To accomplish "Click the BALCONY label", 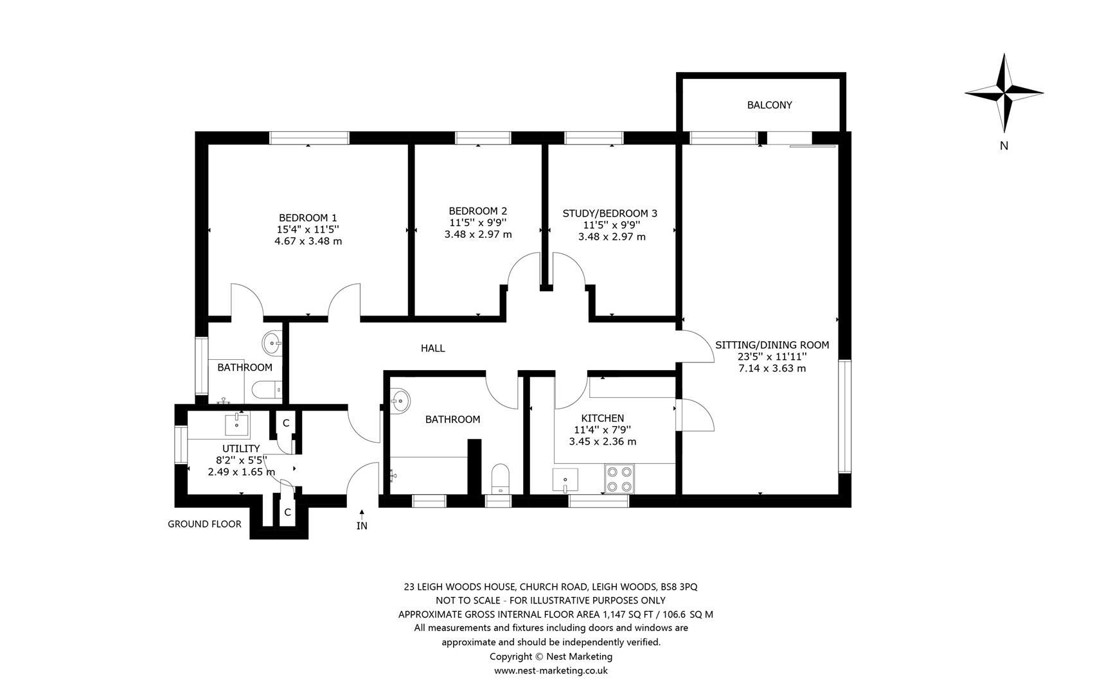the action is coord(769,105).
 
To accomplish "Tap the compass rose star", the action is coord(1004,94).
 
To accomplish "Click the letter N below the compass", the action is coord(1004,146).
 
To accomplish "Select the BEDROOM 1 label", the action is coord(308,217).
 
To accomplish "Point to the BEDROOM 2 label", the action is coord(478,211).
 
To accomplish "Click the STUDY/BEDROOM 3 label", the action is coord(610,213).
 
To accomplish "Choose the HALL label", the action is coord(432,348).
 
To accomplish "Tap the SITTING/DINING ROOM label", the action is coord(772,345).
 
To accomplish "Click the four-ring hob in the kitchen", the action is coord(619,479).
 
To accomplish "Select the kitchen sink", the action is coord(565,480).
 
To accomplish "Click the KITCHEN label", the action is coord(603,418).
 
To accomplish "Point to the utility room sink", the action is coord(237,424).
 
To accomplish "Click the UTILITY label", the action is coord(241,449).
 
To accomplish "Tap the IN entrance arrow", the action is coord(362,515).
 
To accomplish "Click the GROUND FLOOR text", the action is coord(204,524).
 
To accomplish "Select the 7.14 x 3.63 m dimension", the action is coord(772,368).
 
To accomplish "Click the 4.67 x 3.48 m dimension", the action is coord(308,242).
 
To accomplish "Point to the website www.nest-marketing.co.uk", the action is coord(551,670).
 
